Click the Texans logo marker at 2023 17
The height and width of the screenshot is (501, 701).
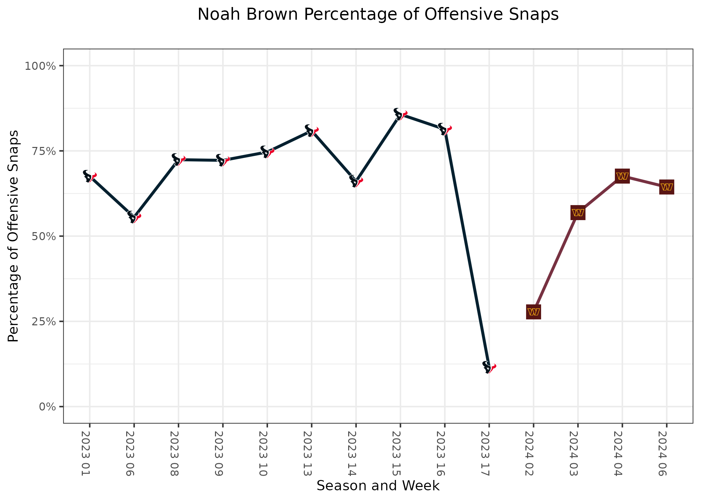[489, 367]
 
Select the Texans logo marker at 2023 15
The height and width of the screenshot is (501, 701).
[400, 114]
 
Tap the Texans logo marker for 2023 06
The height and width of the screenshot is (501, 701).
[134, 217]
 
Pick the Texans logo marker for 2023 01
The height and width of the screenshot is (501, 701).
[89, 176]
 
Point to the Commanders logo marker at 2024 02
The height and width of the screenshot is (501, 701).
[533, 312]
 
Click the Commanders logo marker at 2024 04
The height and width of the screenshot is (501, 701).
[622, 176]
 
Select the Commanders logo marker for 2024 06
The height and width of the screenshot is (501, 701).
[667, 187]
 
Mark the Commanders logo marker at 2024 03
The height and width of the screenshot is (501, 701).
[578, 213]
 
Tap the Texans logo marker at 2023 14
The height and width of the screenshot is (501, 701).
[356, 181]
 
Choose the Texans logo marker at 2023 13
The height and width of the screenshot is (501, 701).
[311, 131]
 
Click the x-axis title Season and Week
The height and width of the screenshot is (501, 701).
[378, 486]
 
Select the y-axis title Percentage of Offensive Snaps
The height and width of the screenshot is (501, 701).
[13, 236]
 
